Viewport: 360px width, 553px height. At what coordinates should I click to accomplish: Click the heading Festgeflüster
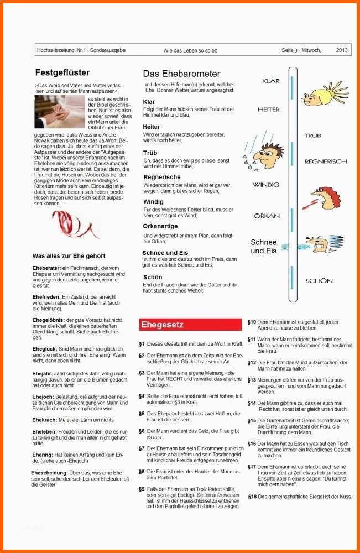click(x=62, y=72)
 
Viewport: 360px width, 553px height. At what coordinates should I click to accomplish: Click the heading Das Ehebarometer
click(x=181, y=74)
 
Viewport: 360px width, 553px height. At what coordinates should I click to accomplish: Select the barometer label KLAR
click(x=271, y=81)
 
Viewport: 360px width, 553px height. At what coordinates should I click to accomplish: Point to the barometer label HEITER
click(x=269, y=109)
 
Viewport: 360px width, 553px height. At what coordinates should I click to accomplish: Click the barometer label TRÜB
click(x=313, y=135)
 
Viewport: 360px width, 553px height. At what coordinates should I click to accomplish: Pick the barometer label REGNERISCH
click(x=326, y=161)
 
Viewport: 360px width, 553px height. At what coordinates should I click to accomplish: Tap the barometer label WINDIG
click(x=266, y=184)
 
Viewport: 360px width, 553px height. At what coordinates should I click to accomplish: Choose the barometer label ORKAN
click(x=267, y=216)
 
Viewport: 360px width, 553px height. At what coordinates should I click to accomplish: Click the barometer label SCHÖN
click(x=319, y=281)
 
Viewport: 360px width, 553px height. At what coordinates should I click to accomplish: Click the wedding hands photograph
click(x=60, y=112)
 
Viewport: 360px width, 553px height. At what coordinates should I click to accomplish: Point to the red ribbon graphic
click(x=84, y=227)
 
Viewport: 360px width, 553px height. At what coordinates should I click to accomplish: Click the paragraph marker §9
click(x=142, y=489)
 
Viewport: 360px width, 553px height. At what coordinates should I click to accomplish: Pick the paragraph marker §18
click(x=252, y=497)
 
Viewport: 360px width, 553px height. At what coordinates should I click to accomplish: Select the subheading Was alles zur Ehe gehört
click(x=69, y=256)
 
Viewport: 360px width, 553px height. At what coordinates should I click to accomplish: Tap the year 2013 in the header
click(x=342, y=50)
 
